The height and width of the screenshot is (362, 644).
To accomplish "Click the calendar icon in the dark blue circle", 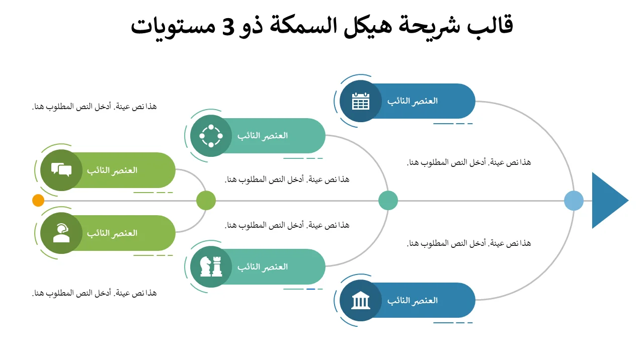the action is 361,101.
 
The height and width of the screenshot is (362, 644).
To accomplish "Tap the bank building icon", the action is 361,300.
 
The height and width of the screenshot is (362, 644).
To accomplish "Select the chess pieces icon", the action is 211,266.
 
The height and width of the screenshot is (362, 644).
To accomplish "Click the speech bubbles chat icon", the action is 61,170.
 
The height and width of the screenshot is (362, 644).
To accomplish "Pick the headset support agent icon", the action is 61,233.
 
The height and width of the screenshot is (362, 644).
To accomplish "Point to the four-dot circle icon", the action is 211,136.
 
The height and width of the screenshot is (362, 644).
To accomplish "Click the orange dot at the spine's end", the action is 38,200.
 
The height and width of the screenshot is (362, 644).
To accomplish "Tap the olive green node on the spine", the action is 206,200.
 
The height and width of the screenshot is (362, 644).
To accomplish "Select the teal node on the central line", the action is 388,200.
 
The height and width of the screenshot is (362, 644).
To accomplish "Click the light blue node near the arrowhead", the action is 574,201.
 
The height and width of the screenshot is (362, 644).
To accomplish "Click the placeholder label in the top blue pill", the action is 412,101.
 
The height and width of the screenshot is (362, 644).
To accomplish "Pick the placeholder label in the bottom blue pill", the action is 412,300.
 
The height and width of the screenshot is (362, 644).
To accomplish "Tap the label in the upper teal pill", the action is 263,136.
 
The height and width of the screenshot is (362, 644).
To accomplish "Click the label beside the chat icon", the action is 112,170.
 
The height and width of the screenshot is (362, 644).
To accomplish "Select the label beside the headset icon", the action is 112,233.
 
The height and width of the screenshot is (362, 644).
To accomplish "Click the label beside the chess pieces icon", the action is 263,267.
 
